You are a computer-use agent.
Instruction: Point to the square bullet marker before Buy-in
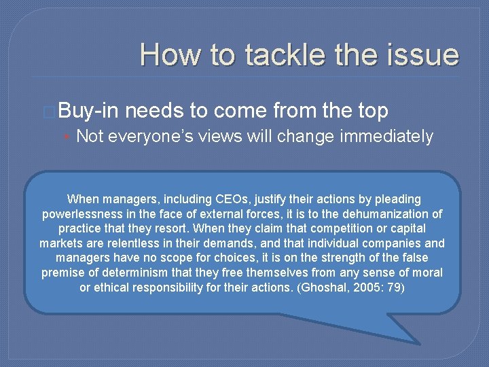50,111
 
